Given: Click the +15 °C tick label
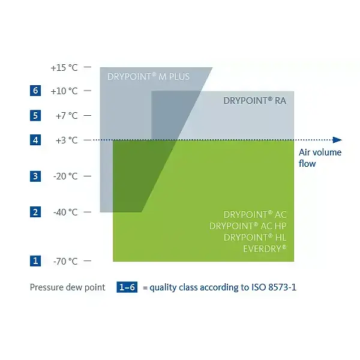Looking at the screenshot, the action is (x=64, y=68).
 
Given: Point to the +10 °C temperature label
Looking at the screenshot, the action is (x=64, y=91).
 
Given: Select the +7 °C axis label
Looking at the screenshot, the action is (x=67, y=116).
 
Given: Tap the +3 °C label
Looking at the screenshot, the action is (x=67, y=140).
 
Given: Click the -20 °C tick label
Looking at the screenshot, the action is (x=65, y=176).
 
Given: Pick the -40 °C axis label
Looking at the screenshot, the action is (x=65, y=212).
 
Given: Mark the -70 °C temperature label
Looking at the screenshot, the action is (x=65, y=261).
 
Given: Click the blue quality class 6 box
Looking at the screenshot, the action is (x=35, y=91).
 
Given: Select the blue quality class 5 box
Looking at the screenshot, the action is (x=35, y=115).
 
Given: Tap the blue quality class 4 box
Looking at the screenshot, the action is (x=35, y=140).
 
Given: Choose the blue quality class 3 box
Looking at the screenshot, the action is (x=35, y=176).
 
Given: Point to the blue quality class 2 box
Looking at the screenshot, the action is (x=35, y=212).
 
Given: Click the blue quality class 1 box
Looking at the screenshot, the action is (x=35, y=261).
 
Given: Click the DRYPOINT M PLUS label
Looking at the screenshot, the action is (x=148, y=77).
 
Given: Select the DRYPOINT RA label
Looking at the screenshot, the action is (x=254, y=101).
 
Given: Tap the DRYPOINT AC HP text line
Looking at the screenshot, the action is (x=248, y=226).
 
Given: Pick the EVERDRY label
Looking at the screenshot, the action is (x=265, y=248).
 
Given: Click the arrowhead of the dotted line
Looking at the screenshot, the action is (x=337, y=140).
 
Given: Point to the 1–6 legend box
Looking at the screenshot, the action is (x=127, y=287).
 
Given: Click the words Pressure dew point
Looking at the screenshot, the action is (x=67, y=287).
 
